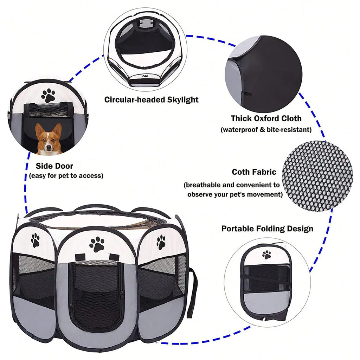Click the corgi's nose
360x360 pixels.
[48, 147]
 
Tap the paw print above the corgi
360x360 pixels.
[48, 96]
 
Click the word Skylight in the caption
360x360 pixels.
[183, 100]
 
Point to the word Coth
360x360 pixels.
[240, 172]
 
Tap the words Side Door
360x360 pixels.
[54, 166]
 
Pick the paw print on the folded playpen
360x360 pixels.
[266, 255]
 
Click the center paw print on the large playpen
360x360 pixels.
[97, 245]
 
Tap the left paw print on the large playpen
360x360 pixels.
[36, 240]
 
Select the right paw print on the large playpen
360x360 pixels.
[161, 242]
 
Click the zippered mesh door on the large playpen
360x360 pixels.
[96, 296]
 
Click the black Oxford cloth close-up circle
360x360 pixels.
[264, 74]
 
